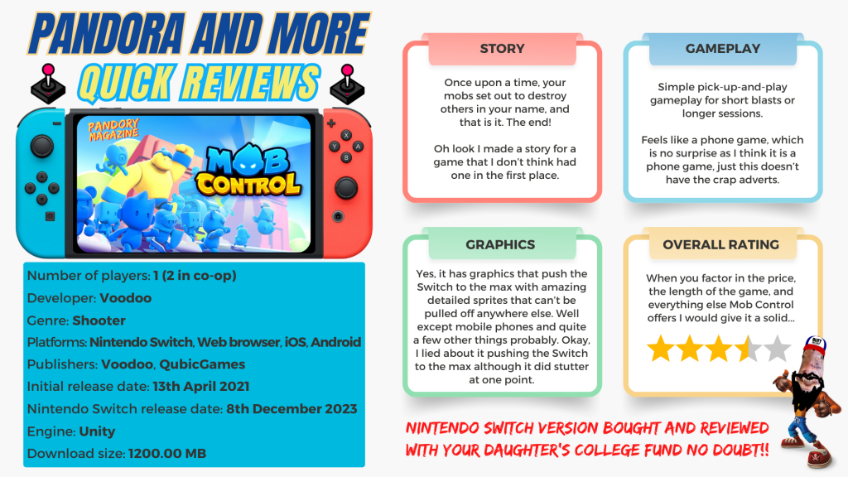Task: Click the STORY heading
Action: coord(502,49)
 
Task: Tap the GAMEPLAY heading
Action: coord(722,49)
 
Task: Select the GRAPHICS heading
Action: coord(500,244)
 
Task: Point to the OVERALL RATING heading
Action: coord(721,244)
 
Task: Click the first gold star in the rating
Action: coord(661,349)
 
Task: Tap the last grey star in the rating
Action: coord(777,349)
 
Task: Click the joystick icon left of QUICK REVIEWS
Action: coord(48,84)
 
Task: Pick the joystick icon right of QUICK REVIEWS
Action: coord(347,84)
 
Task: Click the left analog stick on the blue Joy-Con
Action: coord(41,146)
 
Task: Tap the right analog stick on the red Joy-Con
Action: coord(345,188)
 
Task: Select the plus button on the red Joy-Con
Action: coord(331,124)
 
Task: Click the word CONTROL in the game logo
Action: coord(248,185)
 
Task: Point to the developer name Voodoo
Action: coord(126,298)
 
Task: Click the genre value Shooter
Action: coord(99,320)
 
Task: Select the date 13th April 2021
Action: coord(201,387)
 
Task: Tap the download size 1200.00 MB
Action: coord(167,454)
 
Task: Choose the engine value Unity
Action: coord(98,431)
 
